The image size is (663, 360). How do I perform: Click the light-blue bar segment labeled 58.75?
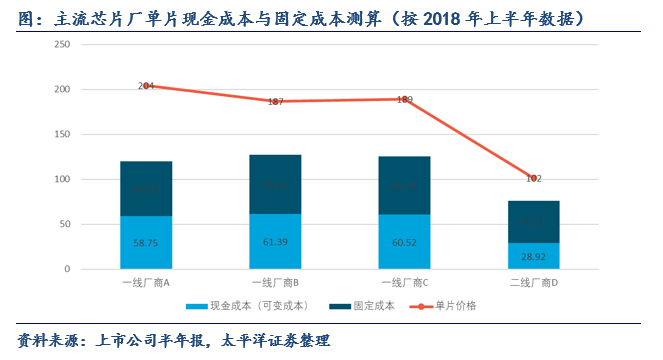click(x=146, y=243)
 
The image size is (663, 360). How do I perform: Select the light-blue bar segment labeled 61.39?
click(x=275, y=242)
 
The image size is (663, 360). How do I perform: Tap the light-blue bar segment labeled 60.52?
click(x=404, y=242)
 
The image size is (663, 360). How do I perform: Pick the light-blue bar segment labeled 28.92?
click(x=533, y=256)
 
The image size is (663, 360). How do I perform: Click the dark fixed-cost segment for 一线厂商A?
click(x=146, y=189)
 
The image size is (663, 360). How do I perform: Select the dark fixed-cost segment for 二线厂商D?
click(x=533, y=222)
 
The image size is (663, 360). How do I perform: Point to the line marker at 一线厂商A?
click(x=146, y=86)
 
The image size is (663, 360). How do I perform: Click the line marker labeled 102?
click(x=533, y=177)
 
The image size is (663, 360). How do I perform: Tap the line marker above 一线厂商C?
click(x=404, y=99)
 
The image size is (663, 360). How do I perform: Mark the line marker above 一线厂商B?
click(x=275, y=101)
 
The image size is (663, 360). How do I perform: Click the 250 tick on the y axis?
click(x=61, y=45)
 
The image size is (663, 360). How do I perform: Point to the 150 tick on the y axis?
click(x=61, y=135)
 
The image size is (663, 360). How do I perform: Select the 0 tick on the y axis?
click(x=66, y=270)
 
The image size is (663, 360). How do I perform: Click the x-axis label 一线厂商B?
click(x=275, y=283)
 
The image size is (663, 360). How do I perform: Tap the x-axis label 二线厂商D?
click(x=533, y=283)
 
